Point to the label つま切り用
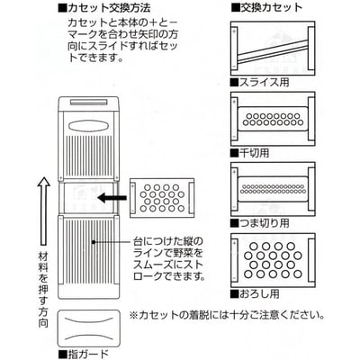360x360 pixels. (268, 220)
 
